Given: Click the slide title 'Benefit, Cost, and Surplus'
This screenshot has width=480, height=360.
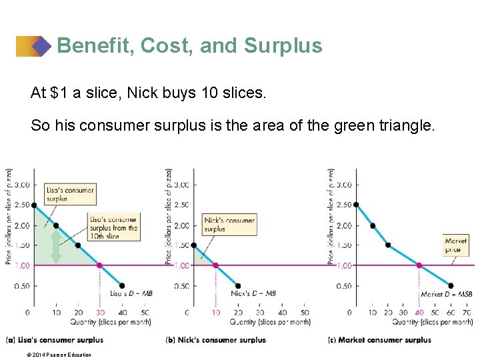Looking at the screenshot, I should point(189,45).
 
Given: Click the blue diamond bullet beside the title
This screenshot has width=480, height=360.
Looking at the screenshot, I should point(41,46).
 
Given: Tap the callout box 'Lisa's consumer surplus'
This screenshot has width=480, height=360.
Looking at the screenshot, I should point(70,193).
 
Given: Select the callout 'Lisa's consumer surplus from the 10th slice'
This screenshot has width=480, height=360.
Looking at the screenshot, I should point(114,228).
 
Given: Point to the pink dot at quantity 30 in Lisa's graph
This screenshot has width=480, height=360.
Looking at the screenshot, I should point(100,265).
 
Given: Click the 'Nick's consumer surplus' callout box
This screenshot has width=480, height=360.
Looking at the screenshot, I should point(229,225).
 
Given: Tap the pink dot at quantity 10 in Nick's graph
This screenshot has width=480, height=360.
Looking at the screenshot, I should point(215,265).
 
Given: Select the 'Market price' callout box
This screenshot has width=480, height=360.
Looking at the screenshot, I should point(456,245).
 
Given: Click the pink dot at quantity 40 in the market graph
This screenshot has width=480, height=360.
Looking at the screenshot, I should point(419,265).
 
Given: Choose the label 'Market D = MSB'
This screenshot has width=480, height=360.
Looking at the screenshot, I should point(447,294).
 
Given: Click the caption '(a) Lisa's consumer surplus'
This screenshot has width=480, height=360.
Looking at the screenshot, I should point(54,340).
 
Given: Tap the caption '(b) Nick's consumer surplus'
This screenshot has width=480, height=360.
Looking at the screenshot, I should point(215,340).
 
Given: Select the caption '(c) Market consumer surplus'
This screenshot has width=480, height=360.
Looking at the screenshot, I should point(379,340).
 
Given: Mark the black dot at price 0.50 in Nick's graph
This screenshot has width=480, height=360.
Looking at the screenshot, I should point(239,286).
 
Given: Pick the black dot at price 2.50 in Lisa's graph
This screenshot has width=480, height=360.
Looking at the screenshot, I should point(33,205).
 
